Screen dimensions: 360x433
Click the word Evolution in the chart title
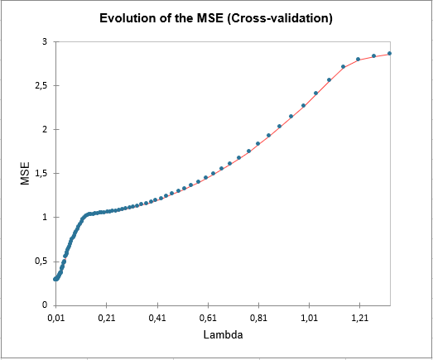(x=127, y=18)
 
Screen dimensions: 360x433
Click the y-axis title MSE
(x=26, y=174)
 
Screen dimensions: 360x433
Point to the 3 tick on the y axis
(x=44, y=41)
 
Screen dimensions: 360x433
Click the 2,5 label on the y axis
(x=39, y=85)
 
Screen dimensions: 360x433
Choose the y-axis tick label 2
(x=44, y=129)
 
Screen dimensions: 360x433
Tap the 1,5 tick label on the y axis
(x=39, y=173)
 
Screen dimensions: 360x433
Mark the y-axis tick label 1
(x=44, y=217)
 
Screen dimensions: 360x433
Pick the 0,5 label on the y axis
(x=39, y=261)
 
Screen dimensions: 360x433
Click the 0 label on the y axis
(x=44, y=305)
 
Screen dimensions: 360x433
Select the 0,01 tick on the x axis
(x=55, y=317)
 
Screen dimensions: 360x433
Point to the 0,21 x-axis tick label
(x=106, y=317)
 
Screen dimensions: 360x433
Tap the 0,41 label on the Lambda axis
(x=156, y=317)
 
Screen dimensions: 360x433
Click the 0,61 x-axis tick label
(x=208, y=317)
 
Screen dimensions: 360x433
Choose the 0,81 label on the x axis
(x=258, y=317)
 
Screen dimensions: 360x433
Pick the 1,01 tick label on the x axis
(x=309, y=317)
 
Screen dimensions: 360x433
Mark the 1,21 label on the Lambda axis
(x=359, y=317)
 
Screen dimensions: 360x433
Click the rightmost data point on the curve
(x=389, y=54)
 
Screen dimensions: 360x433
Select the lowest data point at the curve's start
(x=55, y=279)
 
